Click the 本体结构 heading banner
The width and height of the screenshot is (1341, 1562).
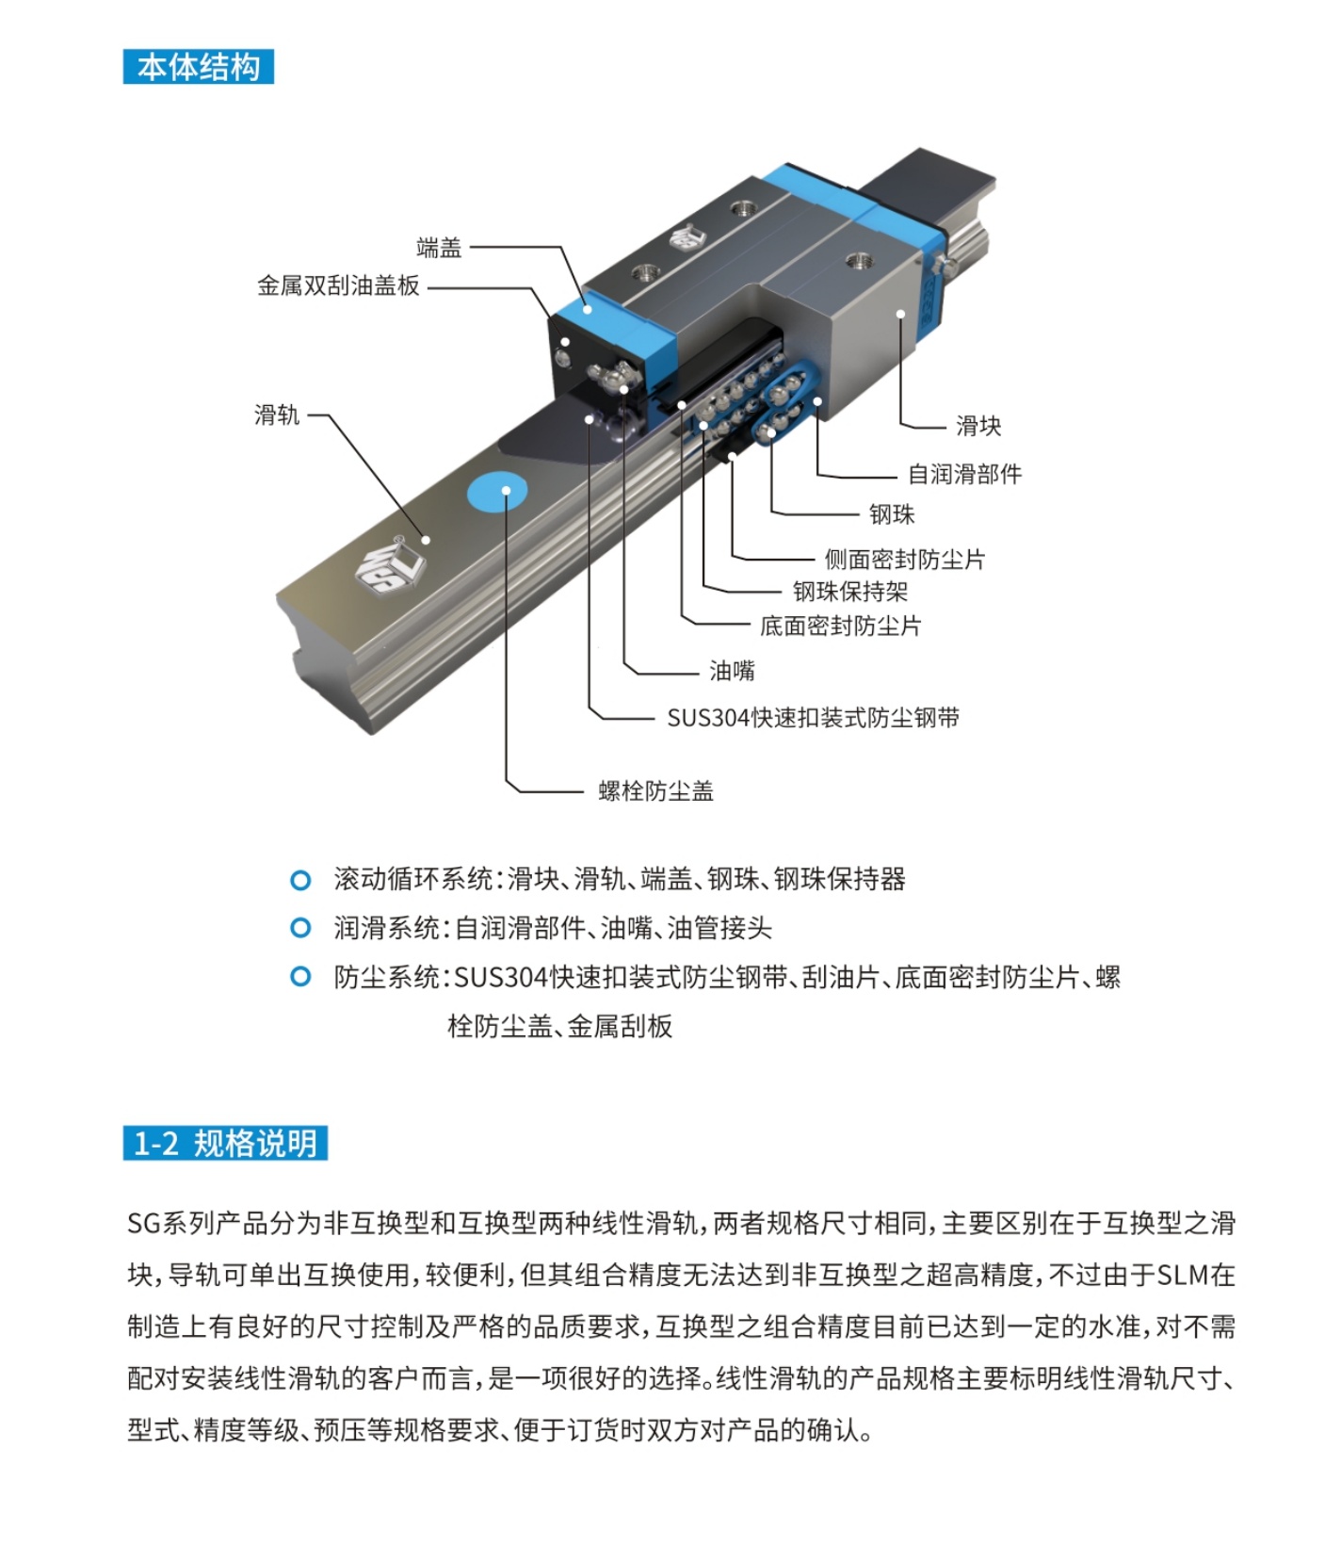[198, 67]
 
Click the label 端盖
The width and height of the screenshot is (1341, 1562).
[439, 248]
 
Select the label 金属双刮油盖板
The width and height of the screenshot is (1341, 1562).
[338, 285]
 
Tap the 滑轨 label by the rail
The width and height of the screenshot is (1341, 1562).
[276, 415]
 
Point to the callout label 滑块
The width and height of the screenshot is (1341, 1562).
[978, 426]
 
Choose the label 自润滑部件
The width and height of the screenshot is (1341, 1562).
[964, 474]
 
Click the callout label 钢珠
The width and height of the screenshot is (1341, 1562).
[891, 514]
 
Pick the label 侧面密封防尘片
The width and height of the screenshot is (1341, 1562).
[904, 560]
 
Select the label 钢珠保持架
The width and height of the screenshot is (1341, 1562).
[849, 592]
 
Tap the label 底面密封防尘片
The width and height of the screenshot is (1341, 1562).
[840, 626]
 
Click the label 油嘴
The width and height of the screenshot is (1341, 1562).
[732, 671]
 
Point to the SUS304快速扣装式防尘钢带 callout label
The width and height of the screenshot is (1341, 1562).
[813, 718]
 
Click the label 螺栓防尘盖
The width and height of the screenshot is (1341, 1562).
[655, 790]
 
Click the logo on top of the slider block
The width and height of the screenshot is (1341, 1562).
[687, 236]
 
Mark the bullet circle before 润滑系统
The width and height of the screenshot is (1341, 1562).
[300, 928]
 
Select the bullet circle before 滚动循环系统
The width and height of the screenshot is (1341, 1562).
[300, 880]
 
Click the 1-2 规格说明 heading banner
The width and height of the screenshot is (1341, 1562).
[225, 1144]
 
